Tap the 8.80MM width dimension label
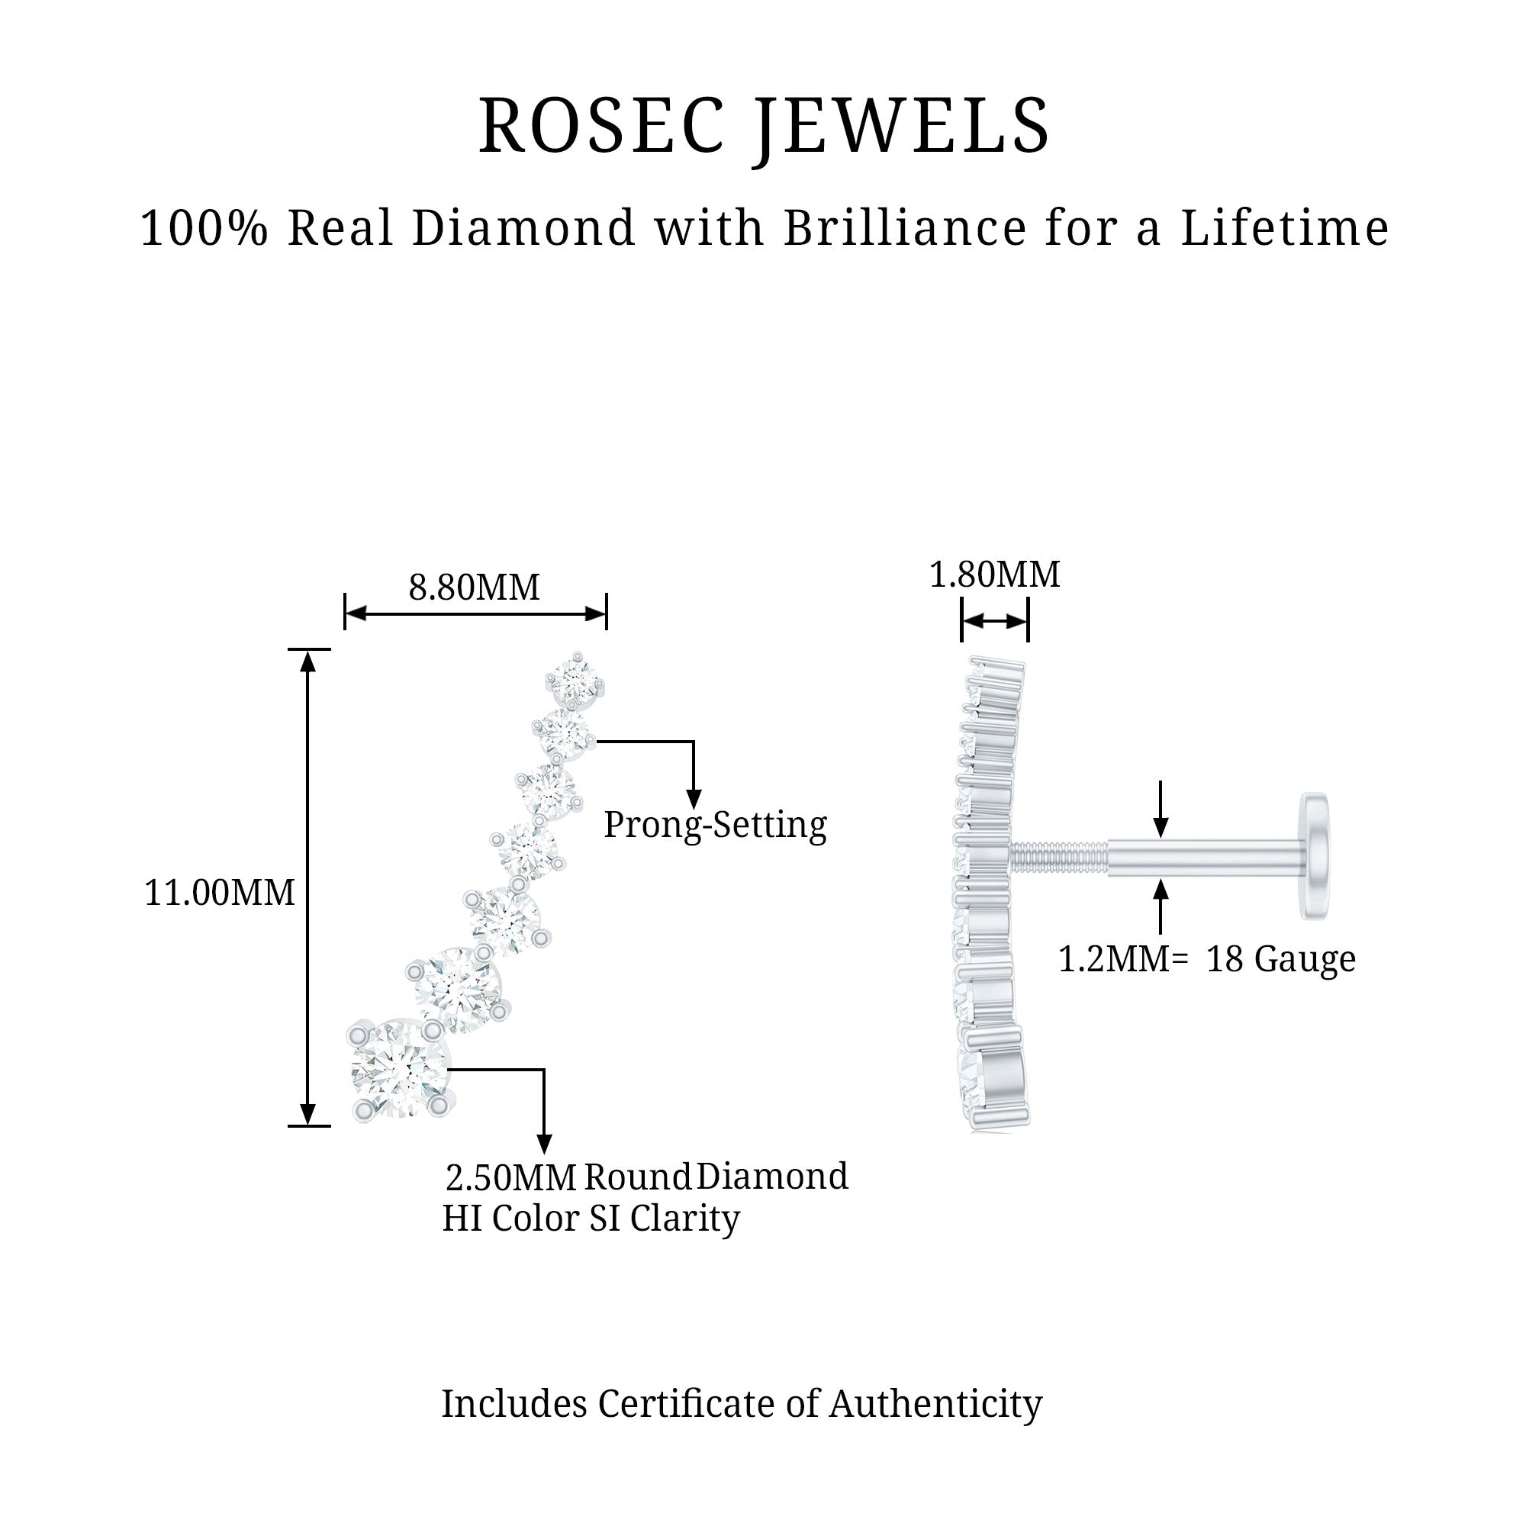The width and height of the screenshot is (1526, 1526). point(474,588)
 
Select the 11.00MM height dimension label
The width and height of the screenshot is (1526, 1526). point(219,893)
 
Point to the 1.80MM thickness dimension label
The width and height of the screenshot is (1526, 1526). point(993,575)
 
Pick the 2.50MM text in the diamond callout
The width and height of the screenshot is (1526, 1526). point(511,1177)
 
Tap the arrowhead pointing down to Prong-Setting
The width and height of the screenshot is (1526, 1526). point(693,800)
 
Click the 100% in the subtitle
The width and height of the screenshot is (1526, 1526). point(204,228)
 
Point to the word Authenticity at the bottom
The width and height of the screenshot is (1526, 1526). point(935,1404)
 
